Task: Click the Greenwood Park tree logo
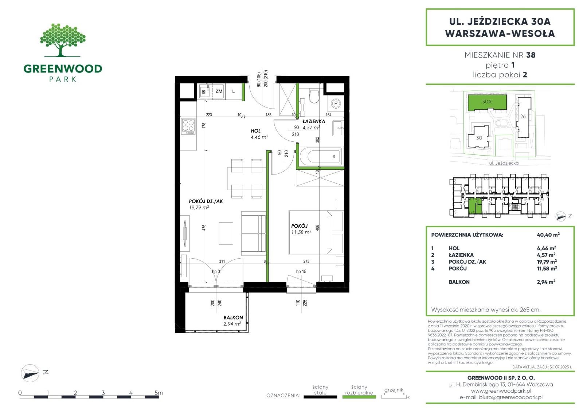63,40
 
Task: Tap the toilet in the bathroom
314,96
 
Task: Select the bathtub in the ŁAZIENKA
321,156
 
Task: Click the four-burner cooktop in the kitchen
188,127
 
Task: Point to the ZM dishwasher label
219,91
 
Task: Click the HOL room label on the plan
255,131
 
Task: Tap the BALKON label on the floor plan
233,318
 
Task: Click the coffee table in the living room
226,233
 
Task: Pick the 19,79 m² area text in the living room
199,207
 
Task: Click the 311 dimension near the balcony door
222,261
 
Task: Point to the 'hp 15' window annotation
301,272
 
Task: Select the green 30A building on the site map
487,102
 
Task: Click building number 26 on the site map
523,117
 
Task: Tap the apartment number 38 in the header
531,55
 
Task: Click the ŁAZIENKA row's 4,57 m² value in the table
546,255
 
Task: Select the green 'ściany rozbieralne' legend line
359,397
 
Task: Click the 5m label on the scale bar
159,392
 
